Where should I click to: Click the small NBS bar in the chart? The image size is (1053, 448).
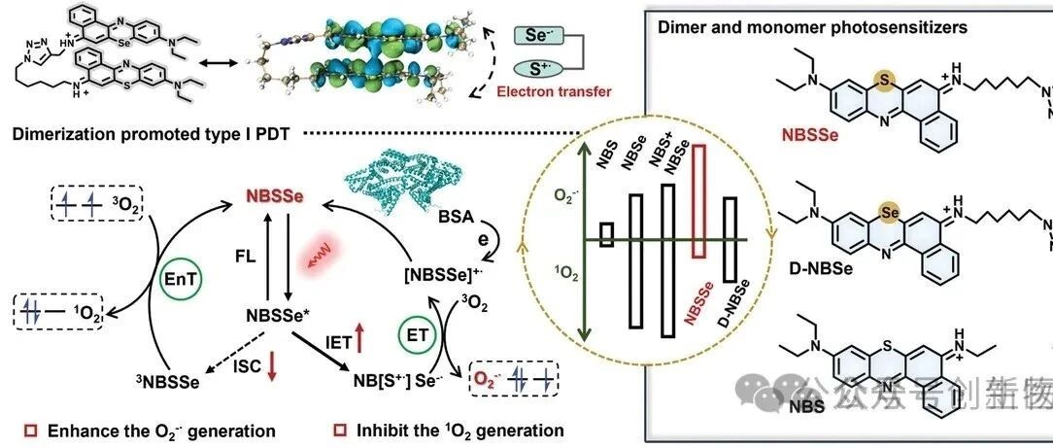tap(606, 235)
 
